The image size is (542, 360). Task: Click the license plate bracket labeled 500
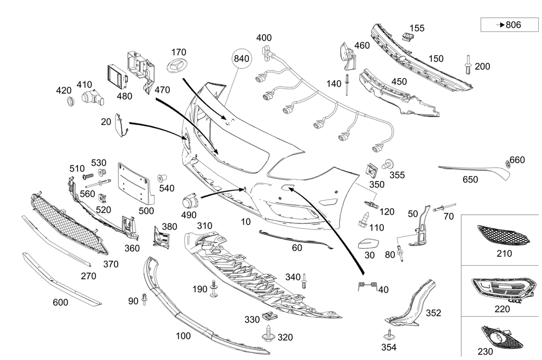[x=133, y=182]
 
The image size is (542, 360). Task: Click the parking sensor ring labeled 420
[x=69, y=101]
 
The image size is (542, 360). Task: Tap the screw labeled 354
[x=388, y=335]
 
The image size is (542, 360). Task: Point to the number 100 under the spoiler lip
[x=183, y=336]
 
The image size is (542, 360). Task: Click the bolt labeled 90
[x=145, y=299]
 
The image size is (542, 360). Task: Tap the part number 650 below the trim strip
[x=470, y=179]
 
